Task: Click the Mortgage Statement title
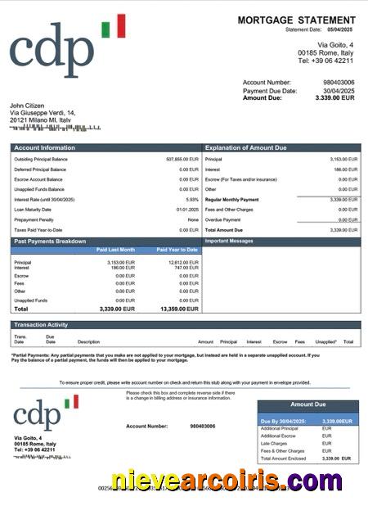tap(296, 20)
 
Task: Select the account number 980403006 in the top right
tap(339, 83)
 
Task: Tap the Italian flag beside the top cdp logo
tap(114, 26)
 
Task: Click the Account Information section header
tap(46, 148)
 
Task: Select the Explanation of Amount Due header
tap(245, 148)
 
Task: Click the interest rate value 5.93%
tap(192, 200)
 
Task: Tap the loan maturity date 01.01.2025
tap(186, 210)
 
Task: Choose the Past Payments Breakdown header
tap(50, 242)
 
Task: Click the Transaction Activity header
tap(40, 325)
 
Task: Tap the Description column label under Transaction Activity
tap(88, 341)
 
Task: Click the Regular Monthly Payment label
tap(232, 200)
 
